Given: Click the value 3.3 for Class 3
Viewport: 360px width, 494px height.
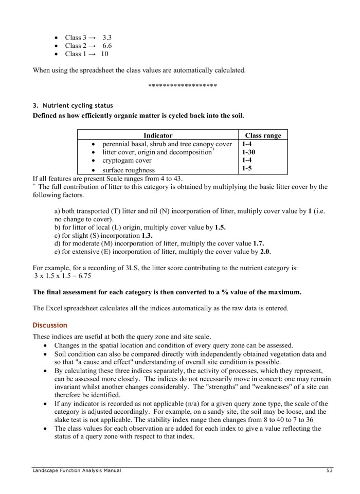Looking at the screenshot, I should click(107, 38).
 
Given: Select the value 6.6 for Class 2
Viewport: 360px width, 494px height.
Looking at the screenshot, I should click(107, 46).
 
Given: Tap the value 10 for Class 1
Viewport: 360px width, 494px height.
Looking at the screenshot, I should click(104, 54).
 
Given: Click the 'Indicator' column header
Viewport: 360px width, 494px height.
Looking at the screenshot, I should click(158, 135).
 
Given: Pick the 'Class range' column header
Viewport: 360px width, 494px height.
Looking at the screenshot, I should click(263, 135).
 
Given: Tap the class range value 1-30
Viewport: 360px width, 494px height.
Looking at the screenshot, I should click(249, 152).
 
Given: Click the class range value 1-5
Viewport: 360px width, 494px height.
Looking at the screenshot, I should click(247, 169).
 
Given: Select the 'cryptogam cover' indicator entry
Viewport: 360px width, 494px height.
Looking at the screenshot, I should click(127, 161).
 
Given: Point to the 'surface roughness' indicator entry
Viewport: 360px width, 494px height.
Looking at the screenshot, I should click(129, 170).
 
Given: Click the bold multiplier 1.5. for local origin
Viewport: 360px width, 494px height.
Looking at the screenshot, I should click(220, 227).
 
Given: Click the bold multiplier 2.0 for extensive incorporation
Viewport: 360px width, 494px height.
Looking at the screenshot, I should click(265, 252).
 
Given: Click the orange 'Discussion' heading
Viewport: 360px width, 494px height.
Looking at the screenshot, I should click(50, 325).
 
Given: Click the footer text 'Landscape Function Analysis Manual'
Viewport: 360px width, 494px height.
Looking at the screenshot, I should click(77, 470).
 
